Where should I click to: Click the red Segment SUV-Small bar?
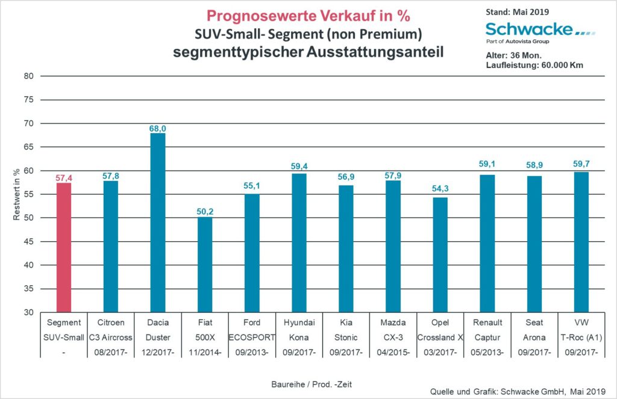(63, 247)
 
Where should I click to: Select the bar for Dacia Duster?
(157, 223)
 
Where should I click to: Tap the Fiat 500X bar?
(204, 265)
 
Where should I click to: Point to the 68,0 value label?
(157, 128)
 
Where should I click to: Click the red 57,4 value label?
(63, 178)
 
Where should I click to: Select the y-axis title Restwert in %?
(17, 194)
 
